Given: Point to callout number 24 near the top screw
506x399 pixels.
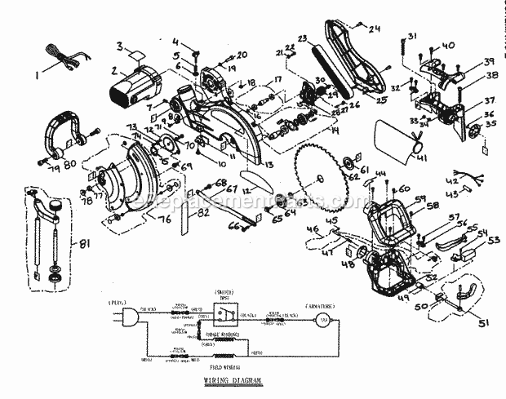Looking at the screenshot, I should click(x=376, y=30).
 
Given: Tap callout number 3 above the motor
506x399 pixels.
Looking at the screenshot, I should click(x=120, y=46).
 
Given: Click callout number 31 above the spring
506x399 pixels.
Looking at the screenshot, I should click(x=412, y=36).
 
